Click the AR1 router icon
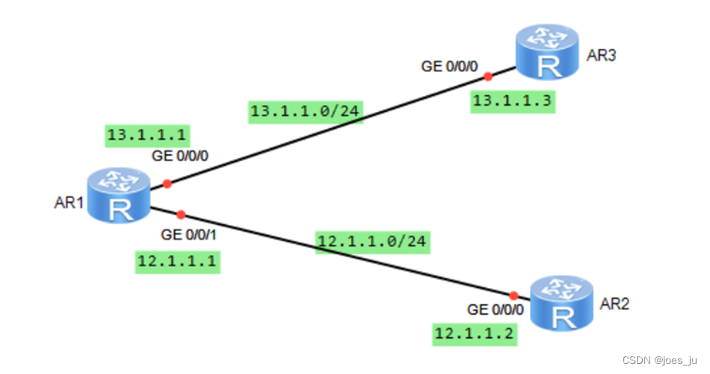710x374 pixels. pos(119,196)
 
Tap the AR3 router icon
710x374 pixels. pos(548,52)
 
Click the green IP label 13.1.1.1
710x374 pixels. pos(146,134)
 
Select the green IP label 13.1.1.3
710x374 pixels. pos(513,101)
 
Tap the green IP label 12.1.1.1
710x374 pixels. pos(177,262)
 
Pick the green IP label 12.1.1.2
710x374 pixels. pos(474,334)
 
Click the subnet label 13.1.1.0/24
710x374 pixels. pos(306,112)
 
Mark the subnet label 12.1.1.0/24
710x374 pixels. pos(373,242)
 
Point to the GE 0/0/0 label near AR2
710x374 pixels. pos(495,309)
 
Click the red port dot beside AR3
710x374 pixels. pos(488,77)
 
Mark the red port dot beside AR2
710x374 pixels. pos(513,296)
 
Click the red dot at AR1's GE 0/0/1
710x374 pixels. pos(180,215)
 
